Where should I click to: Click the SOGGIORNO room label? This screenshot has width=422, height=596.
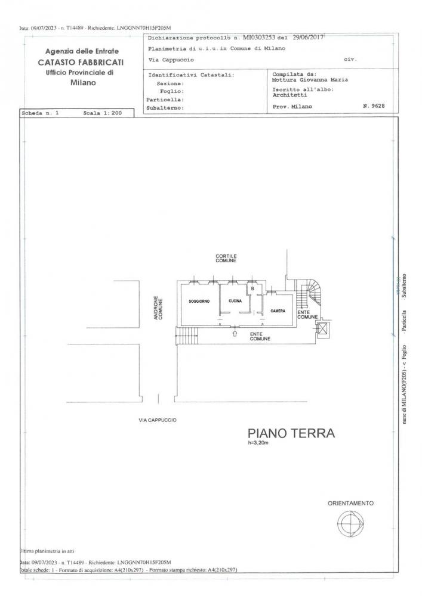199,302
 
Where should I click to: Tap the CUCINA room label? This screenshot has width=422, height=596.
235,302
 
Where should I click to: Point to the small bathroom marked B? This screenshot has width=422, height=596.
252,289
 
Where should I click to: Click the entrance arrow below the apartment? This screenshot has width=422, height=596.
235,334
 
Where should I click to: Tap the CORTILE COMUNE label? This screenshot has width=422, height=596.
226,259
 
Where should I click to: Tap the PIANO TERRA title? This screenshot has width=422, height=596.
291,433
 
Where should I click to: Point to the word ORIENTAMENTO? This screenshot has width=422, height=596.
350,504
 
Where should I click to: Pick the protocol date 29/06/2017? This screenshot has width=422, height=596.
301,38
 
